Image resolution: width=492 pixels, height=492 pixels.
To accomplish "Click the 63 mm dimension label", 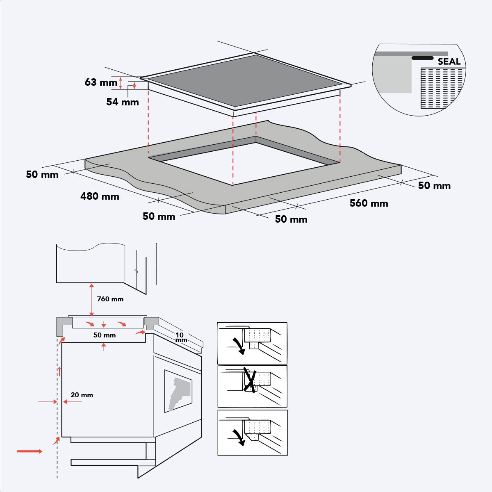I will pyautogui.click(x=101, y=82).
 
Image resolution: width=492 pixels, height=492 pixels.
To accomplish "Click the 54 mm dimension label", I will pyautogui.click(x=122, y=102).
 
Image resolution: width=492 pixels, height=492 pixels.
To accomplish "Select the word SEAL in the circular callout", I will pyautogui.click(x=449, y=62).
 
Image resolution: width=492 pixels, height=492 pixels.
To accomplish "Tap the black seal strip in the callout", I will pyautogui.click(x=422, y=58).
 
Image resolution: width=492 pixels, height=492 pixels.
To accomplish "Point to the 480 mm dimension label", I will pyautogui.click(x=100, y=196).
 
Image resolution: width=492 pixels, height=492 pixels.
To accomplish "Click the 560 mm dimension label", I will pyautogui.click(x=369, y=203).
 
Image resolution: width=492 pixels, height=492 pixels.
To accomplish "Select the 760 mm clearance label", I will pyautogui.click(x=110, y=299).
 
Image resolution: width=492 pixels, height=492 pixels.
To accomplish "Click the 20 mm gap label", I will pyautogui.click(x=82, y=395).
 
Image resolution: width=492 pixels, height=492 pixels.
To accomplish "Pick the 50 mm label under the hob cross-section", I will pyautogui.click(x=105, y=335).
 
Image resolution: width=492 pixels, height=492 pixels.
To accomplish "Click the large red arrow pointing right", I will pyautogui.click(x=30, y=451).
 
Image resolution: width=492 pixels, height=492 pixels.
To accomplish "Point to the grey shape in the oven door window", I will pyautogui.click(x=179, y=392).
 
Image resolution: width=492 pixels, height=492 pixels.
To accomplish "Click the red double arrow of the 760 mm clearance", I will pyautogui.click(x=91, y=299).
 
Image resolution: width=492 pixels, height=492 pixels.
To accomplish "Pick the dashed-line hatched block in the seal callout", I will pyautogui.click(x=442, y=88).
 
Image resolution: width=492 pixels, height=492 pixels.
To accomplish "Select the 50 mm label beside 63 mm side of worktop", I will pyautogui.click(x=42, y=175).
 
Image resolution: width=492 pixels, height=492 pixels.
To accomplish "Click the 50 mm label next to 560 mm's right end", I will pyautogui.click(x=434, y=186).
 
